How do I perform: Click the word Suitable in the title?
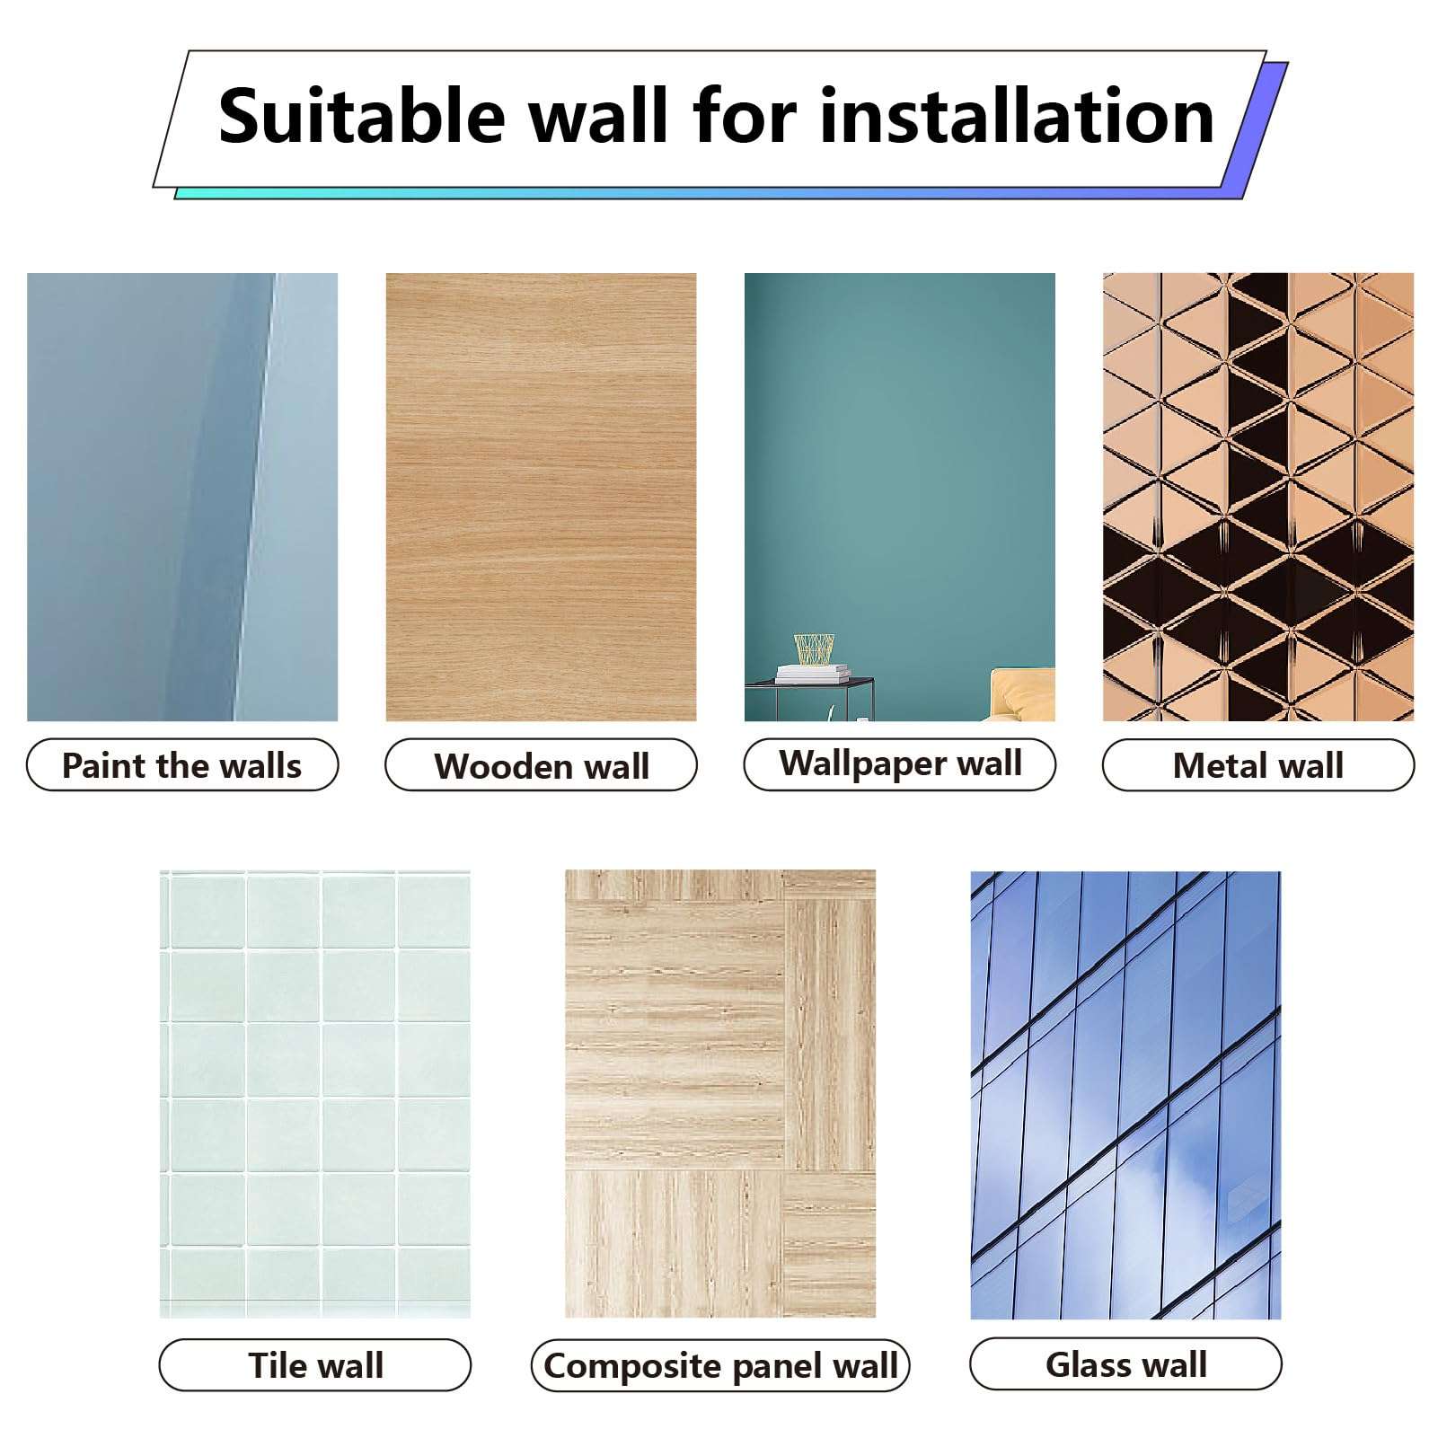[362, 117]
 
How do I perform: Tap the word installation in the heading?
[1017, 117]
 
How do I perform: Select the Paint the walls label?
[182, 765]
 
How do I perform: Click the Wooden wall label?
[541, 766]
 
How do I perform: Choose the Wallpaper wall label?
[900, 764]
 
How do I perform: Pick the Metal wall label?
[1257, 765]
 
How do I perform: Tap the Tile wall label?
[315, 1365]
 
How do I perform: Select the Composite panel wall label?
[720, 1365]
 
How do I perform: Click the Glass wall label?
[1125, 1364]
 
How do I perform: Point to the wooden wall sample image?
[541, 496]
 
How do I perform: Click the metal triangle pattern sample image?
[1257, 496]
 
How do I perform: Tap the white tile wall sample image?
[315, 1093]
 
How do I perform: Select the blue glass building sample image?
[1125, 1093]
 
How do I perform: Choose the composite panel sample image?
[720, 1093]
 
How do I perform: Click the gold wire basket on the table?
[814, 648]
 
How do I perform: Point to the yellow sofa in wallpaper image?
[1024, 693]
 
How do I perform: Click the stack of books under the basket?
[812, 673]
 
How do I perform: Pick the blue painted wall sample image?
[182, 496]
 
